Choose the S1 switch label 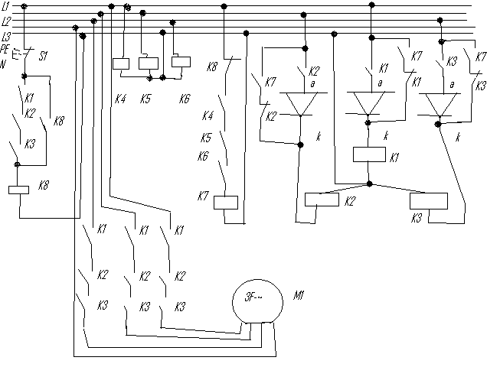click(x=44, y=56)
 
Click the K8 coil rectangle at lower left click(x=18, y=190)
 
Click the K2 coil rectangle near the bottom click(x=322, y=200)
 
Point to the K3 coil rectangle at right click(x=429, y=201)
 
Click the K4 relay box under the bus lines click(x=121, y=63)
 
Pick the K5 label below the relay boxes click(x=146, y=99)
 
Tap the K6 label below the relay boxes click(x=184, y=99)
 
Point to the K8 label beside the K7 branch click(x=212, y=67)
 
